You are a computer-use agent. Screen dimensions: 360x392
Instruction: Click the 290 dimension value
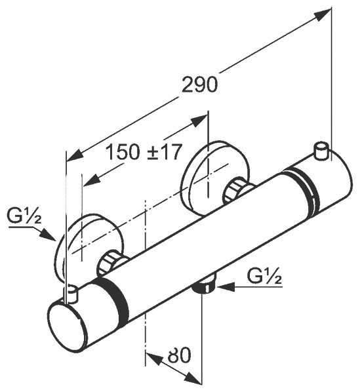click(199, 85)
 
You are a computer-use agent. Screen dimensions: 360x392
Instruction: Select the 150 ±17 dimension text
click(143, 152)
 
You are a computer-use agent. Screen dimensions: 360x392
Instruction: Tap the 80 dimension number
click(179, 355)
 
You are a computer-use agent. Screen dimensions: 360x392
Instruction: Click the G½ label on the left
click(24, 217)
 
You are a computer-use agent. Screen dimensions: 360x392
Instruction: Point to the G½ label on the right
click(264, 276)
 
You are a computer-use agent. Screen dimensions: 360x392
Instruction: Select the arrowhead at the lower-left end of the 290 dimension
click(75, 155)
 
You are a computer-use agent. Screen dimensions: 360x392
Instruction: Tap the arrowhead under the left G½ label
click(48, 235)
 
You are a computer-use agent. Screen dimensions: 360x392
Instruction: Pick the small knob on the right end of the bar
click(321, 150)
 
